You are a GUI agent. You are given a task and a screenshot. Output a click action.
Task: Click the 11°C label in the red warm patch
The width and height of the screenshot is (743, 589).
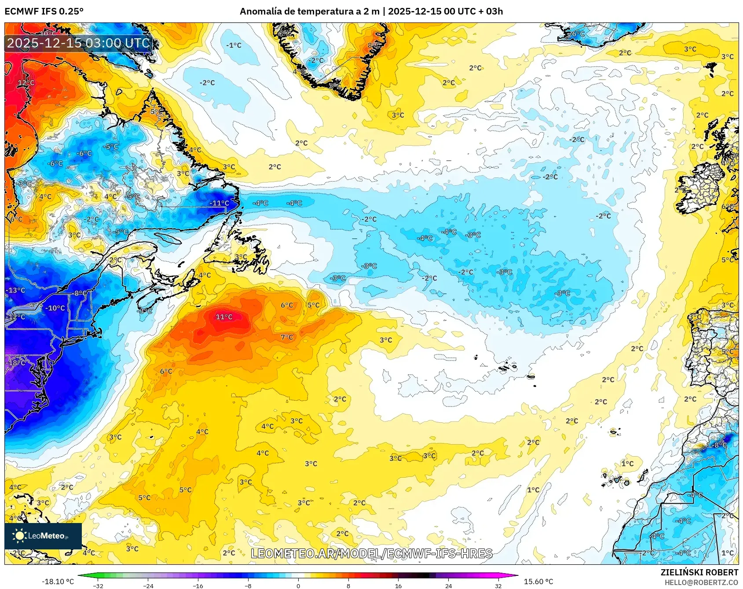[x=224, y=317]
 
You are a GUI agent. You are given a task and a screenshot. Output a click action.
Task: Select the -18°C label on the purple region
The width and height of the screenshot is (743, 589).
[x=16, y=363]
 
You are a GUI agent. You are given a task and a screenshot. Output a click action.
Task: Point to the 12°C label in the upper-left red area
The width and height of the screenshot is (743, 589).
[x=26, y=83]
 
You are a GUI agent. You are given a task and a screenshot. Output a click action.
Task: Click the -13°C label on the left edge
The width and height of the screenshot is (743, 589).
[x=15, y=290]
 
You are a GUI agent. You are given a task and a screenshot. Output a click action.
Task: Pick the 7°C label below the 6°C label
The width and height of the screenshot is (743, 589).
[x=287, y=337]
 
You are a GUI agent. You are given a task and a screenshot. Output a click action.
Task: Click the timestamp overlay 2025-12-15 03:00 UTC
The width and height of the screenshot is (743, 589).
[x=78, y=43]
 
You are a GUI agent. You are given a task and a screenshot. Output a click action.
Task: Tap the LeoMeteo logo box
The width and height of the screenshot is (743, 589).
[x=43, y=536]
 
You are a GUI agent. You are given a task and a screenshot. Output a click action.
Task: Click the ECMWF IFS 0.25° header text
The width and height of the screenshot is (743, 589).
[x=44, y=11]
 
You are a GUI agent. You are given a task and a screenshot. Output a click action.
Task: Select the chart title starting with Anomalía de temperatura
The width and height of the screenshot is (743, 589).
[x=371, y=11]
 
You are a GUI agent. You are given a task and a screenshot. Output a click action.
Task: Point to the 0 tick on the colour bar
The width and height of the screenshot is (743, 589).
[x=298, y=585]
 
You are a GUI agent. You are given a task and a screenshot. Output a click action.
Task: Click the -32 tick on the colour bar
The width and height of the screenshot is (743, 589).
[x=99, y=585]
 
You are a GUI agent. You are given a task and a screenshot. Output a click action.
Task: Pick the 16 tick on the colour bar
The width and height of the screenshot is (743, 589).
[x=398, y=585]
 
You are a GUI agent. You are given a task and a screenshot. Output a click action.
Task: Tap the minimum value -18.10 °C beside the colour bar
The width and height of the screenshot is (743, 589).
[x=58, y=582]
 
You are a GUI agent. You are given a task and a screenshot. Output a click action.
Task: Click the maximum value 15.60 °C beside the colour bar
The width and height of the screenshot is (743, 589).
[x=538, y=582]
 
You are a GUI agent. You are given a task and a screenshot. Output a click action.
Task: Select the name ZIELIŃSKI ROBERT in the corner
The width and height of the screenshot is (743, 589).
[x=699, y=572]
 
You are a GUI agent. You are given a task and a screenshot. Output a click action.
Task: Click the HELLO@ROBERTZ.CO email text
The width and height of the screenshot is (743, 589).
[x=701, y=582]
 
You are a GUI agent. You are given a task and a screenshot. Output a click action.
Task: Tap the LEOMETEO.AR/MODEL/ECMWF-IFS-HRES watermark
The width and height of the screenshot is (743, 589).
[x=371, y=553]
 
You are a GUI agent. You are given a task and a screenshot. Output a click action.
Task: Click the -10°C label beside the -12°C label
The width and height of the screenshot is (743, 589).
[x=55, y=308]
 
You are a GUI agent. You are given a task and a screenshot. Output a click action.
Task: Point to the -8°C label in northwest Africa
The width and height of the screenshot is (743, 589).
[x=720, y=445]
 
